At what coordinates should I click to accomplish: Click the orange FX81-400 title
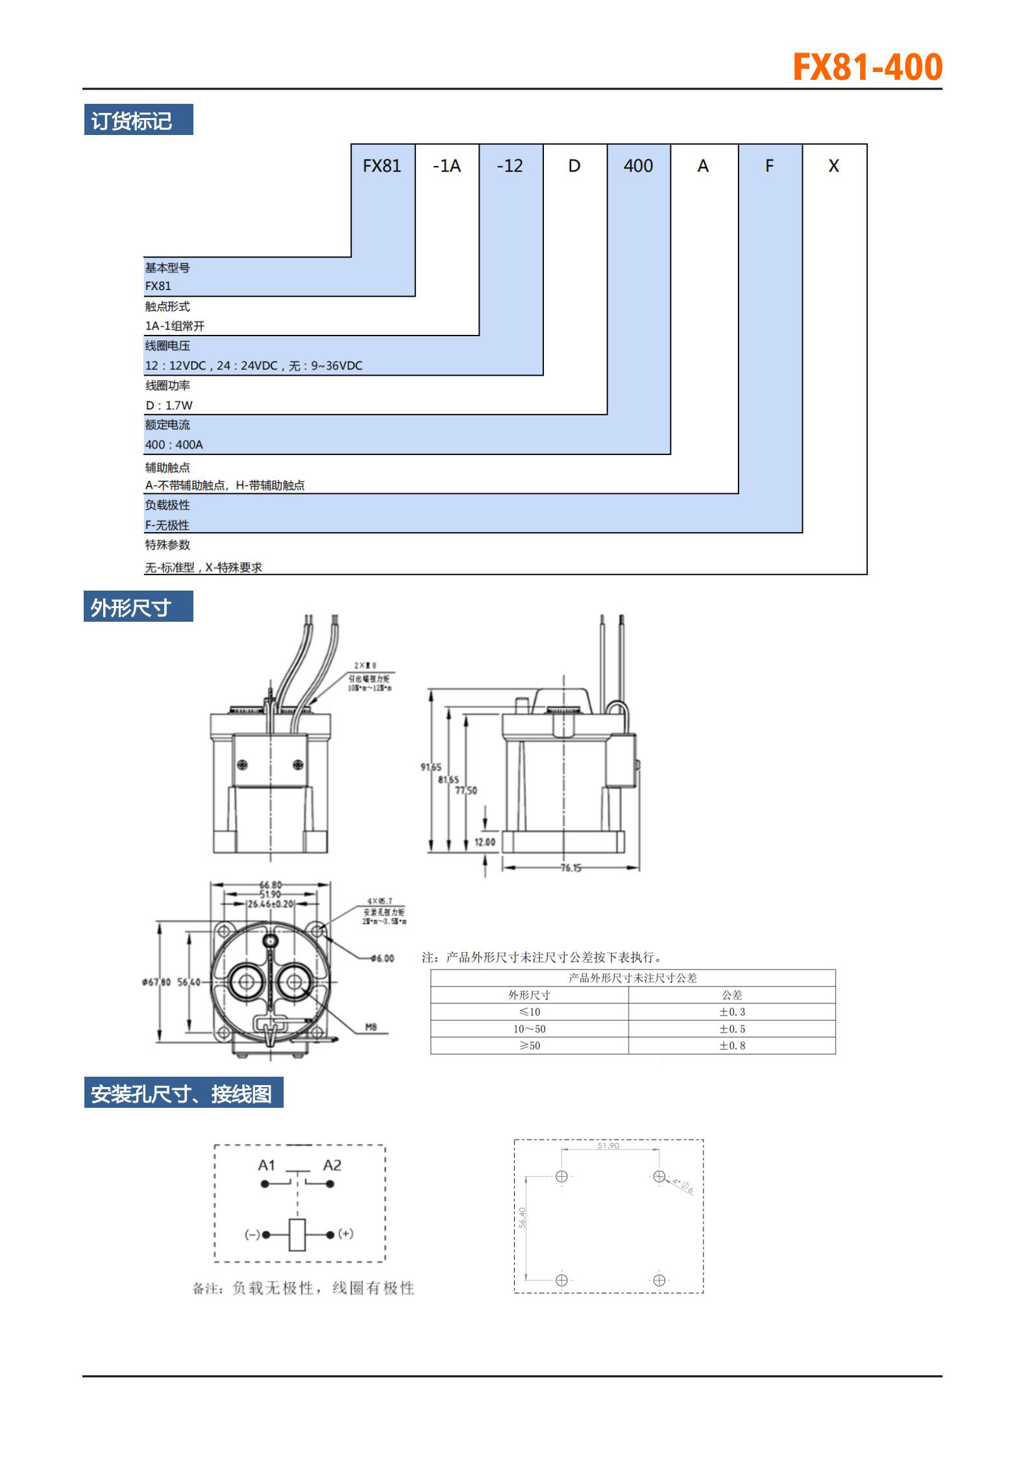(867, 67)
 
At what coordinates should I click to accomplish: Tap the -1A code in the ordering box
(447, 166)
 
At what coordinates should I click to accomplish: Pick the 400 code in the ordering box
(638, 166)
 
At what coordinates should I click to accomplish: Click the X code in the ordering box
(833, 166)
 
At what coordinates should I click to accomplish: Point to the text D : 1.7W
(169, 406)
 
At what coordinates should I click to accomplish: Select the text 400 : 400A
(174, 445)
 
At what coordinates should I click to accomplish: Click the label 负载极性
(167, 505)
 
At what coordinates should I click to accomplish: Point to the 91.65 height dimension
(430, 767)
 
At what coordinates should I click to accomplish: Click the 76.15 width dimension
(570, 868)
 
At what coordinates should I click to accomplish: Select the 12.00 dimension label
(484, 842)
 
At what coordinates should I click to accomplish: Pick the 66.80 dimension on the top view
(271, 885)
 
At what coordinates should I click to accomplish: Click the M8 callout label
(371, 1027)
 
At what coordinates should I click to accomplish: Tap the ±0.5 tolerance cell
(731, 1029)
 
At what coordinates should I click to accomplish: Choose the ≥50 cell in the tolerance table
(529, 1046)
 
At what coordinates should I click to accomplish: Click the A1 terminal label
(267, 1165)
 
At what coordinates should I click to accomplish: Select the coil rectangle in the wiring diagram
(297, 1234)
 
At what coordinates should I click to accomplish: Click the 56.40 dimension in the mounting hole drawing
(522, 1218)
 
